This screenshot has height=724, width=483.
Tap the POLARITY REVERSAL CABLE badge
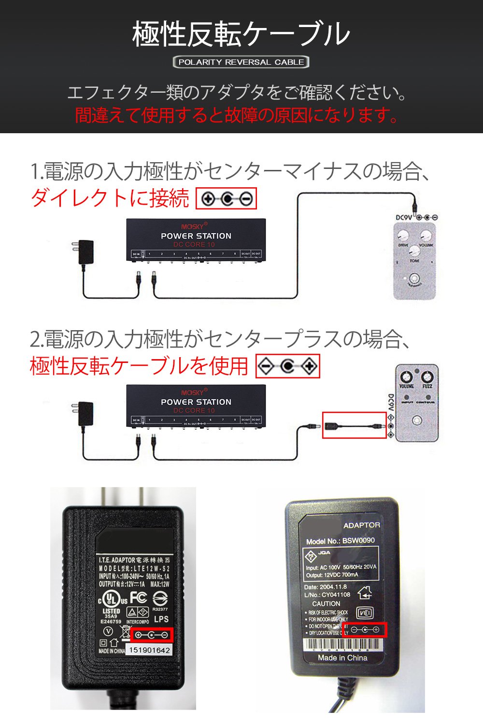point(241,62)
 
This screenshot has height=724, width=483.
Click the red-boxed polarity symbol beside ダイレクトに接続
point(226,198)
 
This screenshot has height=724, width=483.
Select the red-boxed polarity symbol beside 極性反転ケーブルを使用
point(287,367)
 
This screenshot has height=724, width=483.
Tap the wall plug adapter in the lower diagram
point(85,414)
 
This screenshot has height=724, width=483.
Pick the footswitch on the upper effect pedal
point(413,278)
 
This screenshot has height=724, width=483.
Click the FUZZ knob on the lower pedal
point(427,376)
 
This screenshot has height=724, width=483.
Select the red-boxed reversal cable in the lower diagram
point(354,425)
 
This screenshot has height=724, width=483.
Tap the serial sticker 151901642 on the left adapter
point(150,650)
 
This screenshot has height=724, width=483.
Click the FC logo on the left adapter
point(138,598)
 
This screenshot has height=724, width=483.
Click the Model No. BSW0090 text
point(340,541)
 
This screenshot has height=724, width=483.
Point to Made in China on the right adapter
point(342,658)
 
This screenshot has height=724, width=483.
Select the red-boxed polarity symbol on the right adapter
point(365,629)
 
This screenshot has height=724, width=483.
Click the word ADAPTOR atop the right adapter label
point(361,525)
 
